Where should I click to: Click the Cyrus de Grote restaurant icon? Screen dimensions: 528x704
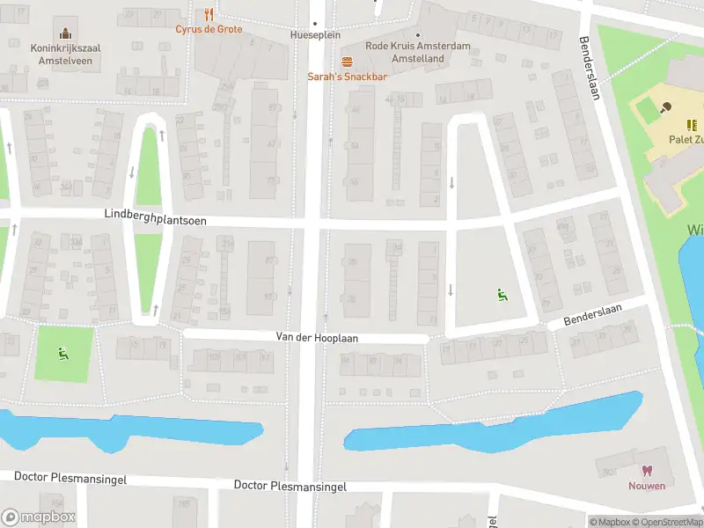(209, 14)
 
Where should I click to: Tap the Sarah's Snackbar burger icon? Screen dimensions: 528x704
(347, 61)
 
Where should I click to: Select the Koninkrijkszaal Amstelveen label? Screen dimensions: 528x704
(61, 55)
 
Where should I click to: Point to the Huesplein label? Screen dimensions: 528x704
(314, 35)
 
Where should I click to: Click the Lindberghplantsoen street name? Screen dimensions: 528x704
(155, 215)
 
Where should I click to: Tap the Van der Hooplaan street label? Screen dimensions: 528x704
(317, 338)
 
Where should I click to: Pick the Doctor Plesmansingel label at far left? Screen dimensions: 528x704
(70, 478)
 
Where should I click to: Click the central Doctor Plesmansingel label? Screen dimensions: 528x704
(290, 486)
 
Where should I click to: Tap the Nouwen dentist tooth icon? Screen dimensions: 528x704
(647, 471)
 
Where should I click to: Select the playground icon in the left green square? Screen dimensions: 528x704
(62, 354)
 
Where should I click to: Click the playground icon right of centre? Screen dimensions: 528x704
(502, 296)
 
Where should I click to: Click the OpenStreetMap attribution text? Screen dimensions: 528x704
(670, 522)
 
